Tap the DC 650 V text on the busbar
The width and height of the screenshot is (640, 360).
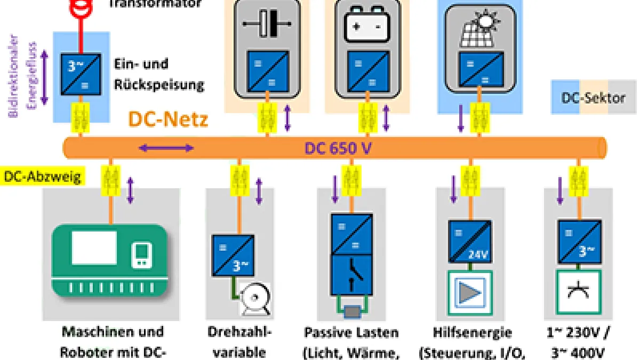click(338, 148)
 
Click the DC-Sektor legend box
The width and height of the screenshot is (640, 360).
click(593, 98)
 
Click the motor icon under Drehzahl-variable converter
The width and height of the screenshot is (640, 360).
click(254, 296)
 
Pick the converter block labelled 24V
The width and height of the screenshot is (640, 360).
click(470, 242)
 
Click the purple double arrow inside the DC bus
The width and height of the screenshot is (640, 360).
click(166, 148)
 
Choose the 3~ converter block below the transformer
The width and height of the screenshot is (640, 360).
click(81, 74)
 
